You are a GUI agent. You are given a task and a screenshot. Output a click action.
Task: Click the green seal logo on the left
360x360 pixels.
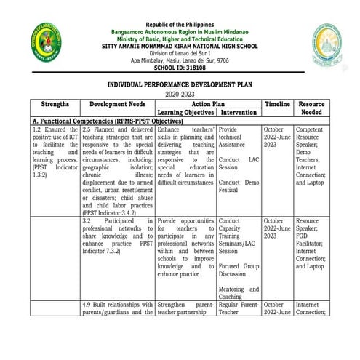coord(47,43)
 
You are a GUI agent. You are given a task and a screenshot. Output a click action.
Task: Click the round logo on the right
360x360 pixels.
coord(326,44)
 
